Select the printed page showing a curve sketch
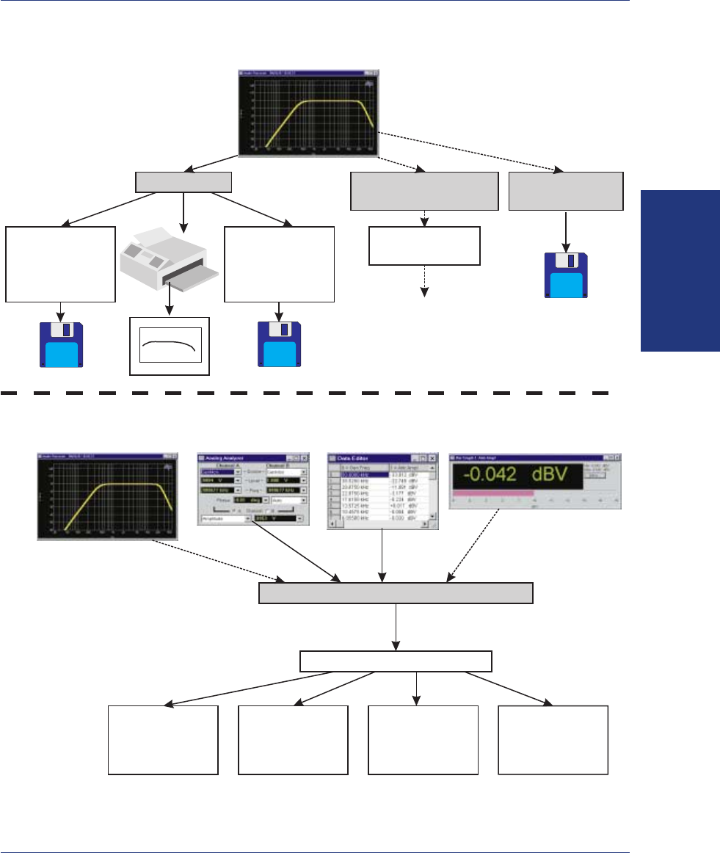170,346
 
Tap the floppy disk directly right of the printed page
279,342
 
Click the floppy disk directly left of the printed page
61,342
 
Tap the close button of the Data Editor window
432,457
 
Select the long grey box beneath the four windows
396,593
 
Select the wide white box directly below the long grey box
396,661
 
